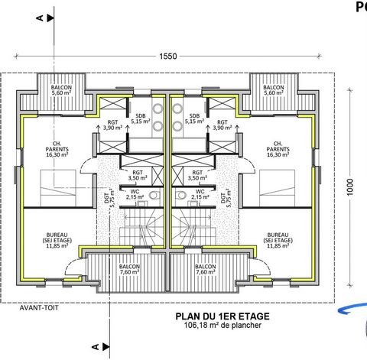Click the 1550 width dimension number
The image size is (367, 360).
[168, 56]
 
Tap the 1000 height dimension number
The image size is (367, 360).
[350, 187]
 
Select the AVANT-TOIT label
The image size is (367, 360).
[39, 308]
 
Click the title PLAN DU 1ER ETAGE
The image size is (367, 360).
[222, 316]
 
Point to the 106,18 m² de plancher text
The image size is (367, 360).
[222, 326]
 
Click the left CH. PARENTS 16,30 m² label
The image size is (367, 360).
[57, 149]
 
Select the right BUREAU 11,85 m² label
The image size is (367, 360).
[278, 240]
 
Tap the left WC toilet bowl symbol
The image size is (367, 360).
[154, 196]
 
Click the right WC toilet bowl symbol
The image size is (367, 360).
[181, 196]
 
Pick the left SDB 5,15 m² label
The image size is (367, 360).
[141, 118]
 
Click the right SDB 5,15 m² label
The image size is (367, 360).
[194, 118]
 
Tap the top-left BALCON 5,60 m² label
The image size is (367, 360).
[61, 90]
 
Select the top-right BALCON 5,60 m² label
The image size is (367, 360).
[274, 90]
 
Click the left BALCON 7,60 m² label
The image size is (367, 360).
[129, 269]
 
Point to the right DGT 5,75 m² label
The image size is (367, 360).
[226, 198]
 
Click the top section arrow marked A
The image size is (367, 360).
[47, 18]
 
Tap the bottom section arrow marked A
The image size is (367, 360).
[102, 347]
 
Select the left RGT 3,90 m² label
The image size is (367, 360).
[112, 125]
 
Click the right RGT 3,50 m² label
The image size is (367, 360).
[197, 176]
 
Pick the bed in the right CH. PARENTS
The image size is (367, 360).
[278, 188]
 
